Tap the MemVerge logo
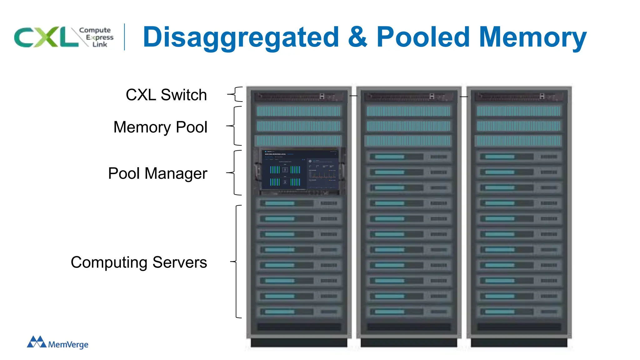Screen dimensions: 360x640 click(58, 342)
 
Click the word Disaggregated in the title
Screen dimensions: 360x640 click(241, 37)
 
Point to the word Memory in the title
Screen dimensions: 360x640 click(532, 37)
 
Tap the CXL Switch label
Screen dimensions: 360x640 click(166, 95)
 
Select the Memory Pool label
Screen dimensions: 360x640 click(160, 127)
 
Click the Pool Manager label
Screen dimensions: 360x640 click(157, 173)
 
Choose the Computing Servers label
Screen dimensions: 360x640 click(139, 262)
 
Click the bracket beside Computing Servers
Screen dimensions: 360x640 click(237, 262)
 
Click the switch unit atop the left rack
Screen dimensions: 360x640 click(299, 97)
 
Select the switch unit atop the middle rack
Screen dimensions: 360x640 click(409, 97)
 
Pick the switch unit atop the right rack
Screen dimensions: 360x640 click(519, 97)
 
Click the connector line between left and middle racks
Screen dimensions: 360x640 click(353, 96)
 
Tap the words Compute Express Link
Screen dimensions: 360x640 click(97, 37)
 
